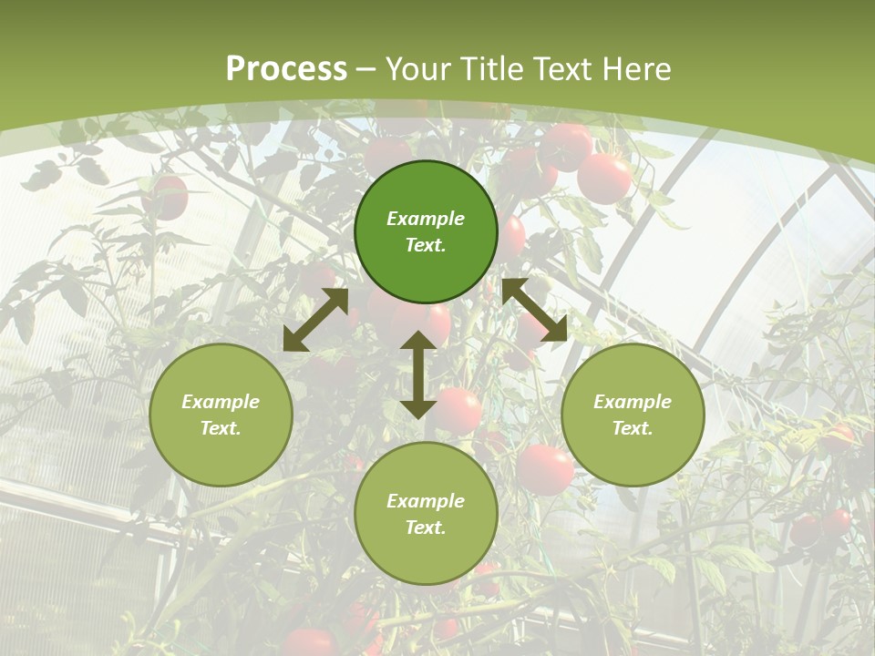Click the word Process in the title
[286, 69]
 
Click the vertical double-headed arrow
[418, 374]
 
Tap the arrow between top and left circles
[316, 320]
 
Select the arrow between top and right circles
[534, 310]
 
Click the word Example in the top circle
[426, 219]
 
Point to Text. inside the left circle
[221, 428]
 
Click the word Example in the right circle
[633, 402]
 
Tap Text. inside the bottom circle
[426, 528]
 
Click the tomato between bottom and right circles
[545, 470]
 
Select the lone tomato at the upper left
[166, 197]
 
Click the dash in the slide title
[366, 69]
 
